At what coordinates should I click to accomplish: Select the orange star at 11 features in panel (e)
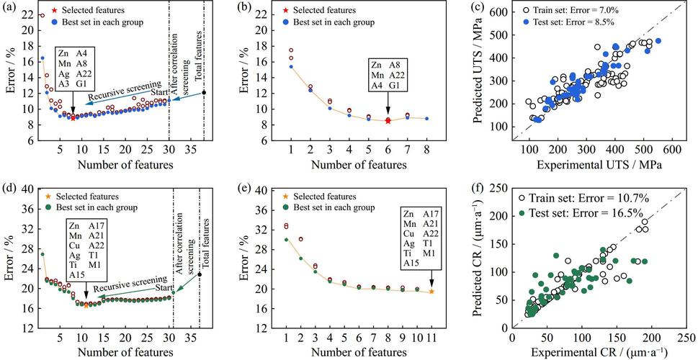pos(431,291)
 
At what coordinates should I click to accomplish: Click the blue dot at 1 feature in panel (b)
pos(290,66)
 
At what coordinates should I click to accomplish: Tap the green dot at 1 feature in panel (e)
pos(287,240)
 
